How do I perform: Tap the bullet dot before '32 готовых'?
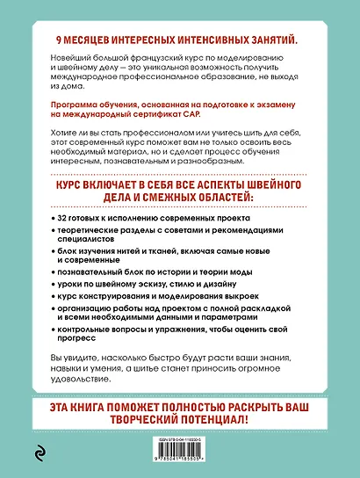pos(54,217)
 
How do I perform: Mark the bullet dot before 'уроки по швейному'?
pos(54,286)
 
